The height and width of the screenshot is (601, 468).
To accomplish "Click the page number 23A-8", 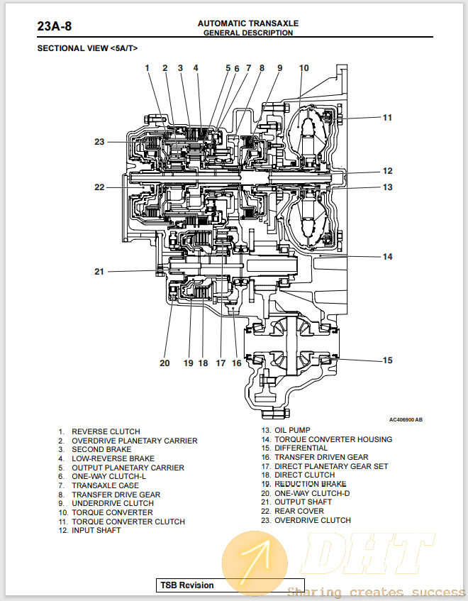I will click(54, 27).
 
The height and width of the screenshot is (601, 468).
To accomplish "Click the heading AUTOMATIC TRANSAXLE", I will click(247, 23).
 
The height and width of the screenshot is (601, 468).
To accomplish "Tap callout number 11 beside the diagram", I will click(387, 118).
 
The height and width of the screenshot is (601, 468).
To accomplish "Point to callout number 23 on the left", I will click(99, 142).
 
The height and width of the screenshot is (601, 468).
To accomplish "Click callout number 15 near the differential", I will click(387, 360).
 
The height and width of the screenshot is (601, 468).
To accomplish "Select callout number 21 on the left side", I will click(99, 271).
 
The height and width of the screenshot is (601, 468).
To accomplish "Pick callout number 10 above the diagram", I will click(303, 68).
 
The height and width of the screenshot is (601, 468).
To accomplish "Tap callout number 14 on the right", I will click(387, 256).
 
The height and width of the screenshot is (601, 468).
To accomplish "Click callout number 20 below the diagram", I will click(165, 363).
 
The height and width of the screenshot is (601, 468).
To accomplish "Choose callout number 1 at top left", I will click(147, 68).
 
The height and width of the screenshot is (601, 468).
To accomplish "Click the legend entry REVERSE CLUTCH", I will click(106, 431).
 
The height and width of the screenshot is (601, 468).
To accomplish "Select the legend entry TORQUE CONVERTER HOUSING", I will click(333, 439).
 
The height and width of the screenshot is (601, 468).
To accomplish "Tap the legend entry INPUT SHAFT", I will click(96, 530).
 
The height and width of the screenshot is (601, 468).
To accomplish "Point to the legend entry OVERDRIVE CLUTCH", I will click(312, 520).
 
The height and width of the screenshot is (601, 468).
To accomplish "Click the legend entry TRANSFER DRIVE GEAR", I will click(116, 495).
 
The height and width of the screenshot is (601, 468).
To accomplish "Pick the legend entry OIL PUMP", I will click(292, 430).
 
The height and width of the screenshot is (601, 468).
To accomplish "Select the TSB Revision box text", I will click(186, 585).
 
